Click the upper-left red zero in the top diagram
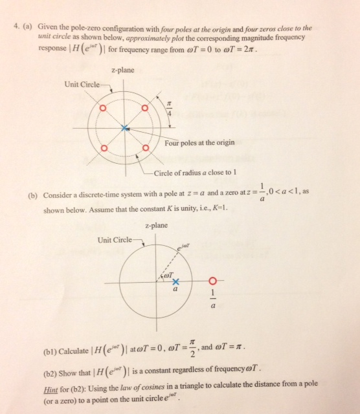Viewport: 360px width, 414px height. pos(102,108)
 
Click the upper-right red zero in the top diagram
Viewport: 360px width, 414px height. pos(145,108)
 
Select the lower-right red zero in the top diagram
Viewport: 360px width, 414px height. pos(145,149)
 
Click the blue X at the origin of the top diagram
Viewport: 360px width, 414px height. pos(124,128)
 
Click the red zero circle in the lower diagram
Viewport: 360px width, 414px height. pos(212,281)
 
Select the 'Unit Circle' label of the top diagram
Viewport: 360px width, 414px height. pos(82,85)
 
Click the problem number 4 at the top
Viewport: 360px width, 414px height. pos(15,28)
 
